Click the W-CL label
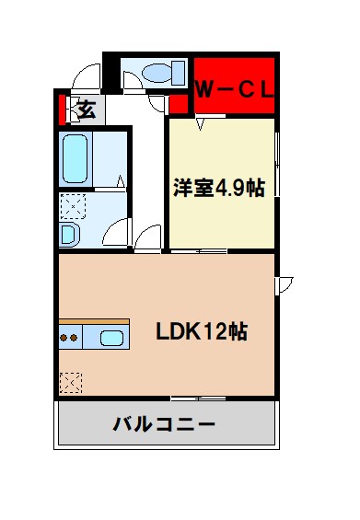click(x=235, y=89)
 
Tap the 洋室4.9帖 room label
click(x=220, y=189)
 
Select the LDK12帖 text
click(x=200, y=330)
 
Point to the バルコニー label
click(x=165, y=425)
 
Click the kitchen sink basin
click(x=112, y=337)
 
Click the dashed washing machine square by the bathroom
click(x=72, y=204)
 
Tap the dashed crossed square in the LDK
click(x=70, y=381)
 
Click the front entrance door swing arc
click(x=86, y=76)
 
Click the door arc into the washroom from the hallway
click(x=144, y=237)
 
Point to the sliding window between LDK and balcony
click(x=197, y=398)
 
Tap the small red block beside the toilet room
click(x=180, y=103)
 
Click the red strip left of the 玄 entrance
click(x=63, y=110)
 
